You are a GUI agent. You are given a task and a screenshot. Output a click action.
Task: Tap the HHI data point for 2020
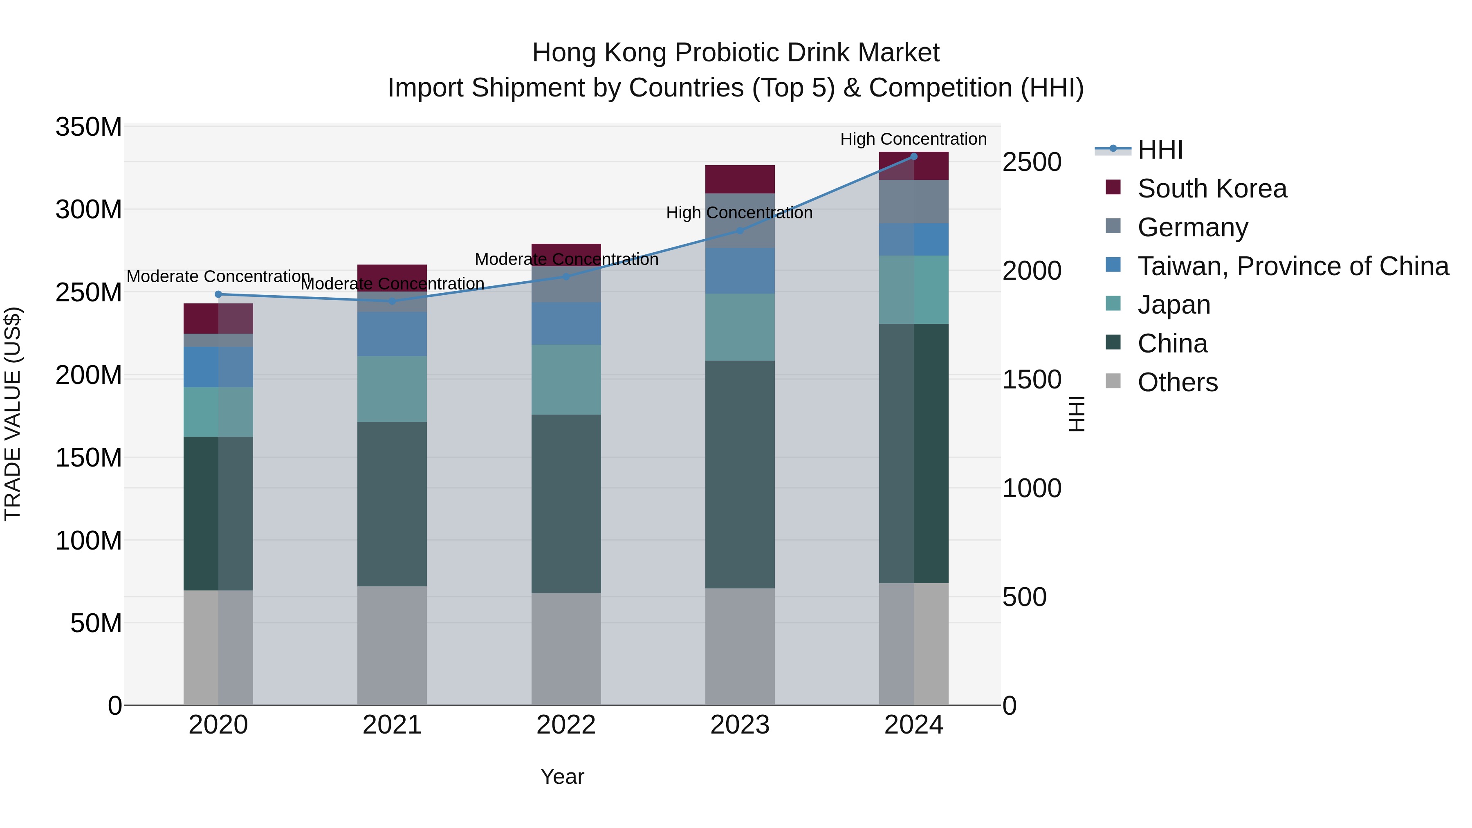(x=218, y=294)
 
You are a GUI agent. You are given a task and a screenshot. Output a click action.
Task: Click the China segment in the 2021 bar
(x=392, y=504)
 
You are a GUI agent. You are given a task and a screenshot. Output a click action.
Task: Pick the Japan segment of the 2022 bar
(x=566, y=379)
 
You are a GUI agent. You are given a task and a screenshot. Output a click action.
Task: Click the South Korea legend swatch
(x=1113, y=187)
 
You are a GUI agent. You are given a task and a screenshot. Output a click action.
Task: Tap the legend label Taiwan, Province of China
(x=1292, y=266)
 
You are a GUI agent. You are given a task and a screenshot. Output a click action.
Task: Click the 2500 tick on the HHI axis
(x=1032, y=162)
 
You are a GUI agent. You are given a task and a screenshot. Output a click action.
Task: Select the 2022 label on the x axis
(x=566, y=725)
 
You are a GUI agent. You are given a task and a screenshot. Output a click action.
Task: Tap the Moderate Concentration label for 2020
(x=218, y=276)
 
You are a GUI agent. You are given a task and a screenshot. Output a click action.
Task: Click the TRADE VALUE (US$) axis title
(x=13, y=414)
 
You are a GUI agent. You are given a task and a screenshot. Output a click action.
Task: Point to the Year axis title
(x=562, y=776)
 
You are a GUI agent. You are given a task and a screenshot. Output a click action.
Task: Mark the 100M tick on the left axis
(x=89, y=541)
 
